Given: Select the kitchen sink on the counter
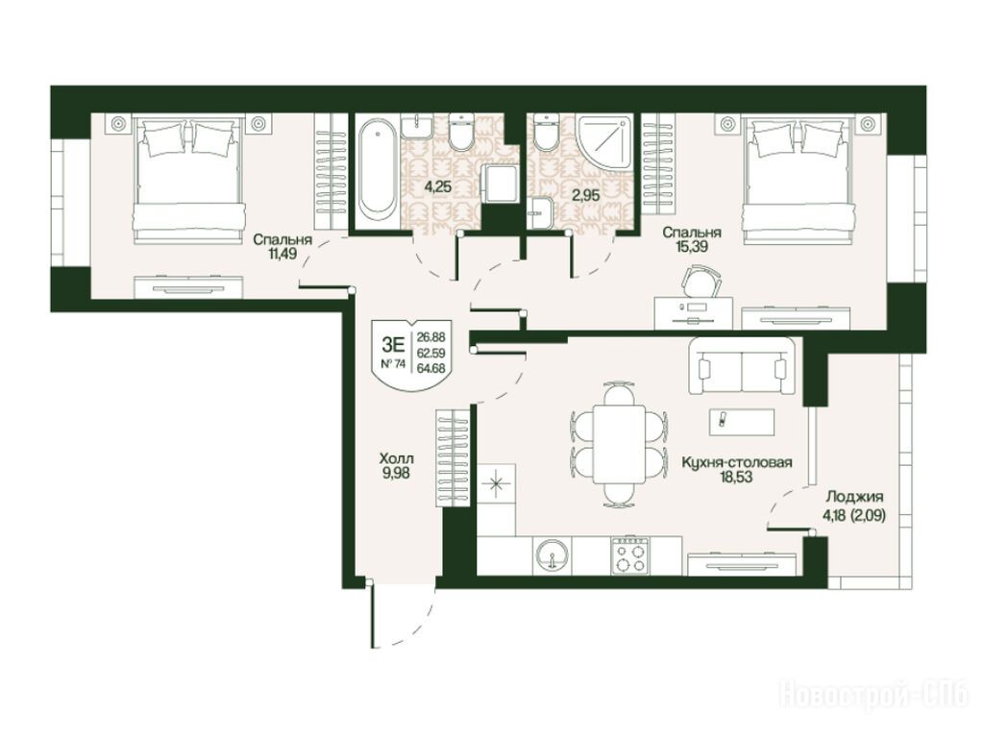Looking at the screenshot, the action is point(553,554).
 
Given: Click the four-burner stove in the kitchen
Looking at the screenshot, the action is point(629,555).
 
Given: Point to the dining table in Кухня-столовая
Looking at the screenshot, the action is point(619,444).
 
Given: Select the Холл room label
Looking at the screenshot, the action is point(396,458).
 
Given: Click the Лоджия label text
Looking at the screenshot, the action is point(854,497).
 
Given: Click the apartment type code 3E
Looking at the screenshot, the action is point(392,344).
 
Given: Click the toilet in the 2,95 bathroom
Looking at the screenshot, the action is point(547,132).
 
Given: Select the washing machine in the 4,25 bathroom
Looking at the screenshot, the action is point(499,184).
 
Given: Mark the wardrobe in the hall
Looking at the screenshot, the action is point(452,457).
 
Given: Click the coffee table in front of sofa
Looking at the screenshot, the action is point(742,421).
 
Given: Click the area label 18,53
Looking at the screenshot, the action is point(737,477).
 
